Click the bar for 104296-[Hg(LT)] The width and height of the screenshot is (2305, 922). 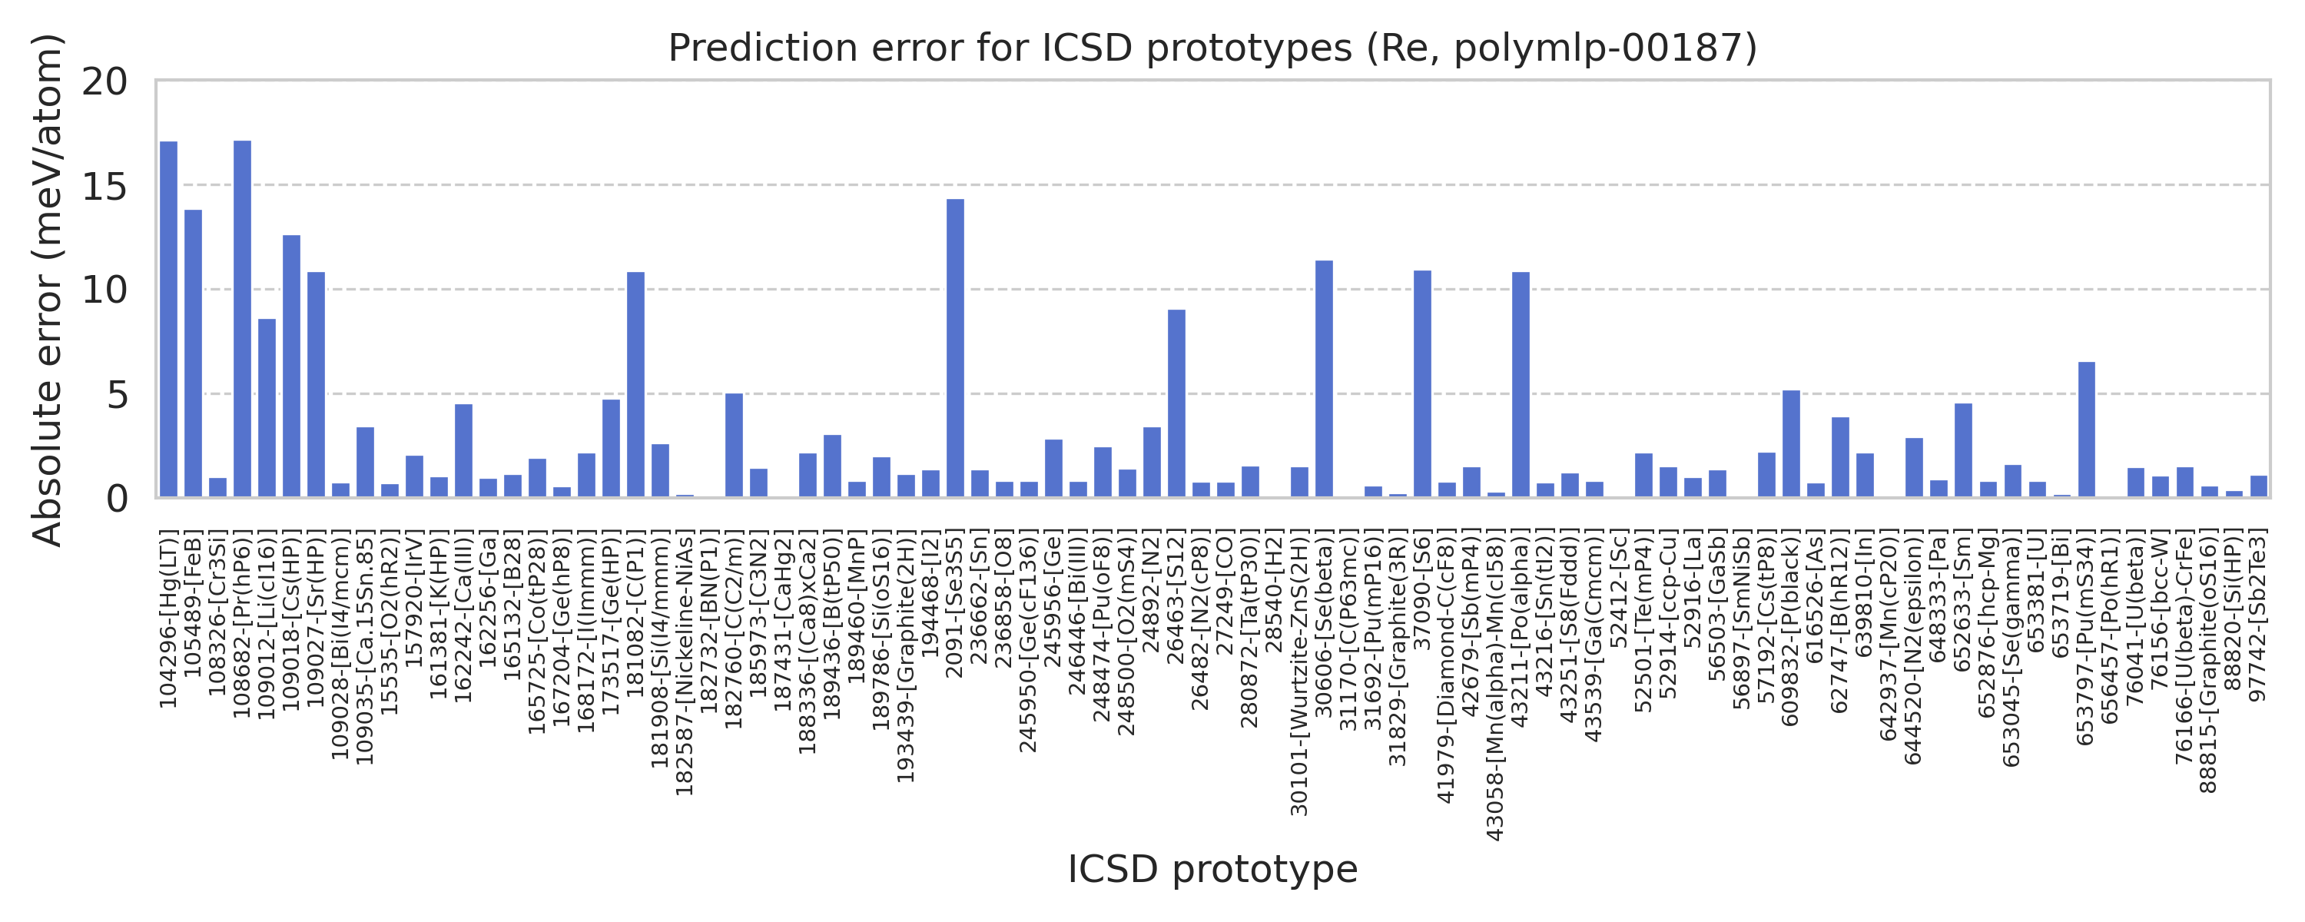[168, 320]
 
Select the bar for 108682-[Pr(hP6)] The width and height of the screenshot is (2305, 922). [243, 319]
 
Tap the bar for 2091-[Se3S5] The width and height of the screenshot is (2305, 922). [956, 348]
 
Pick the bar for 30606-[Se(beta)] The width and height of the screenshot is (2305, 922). [1325, 379]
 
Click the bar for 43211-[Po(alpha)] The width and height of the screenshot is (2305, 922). [1521, 385]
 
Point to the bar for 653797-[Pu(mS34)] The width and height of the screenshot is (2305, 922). [2087, 429]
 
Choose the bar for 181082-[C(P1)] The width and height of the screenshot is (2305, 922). [636, 385]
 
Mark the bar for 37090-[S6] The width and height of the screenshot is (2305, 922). [1423, 384]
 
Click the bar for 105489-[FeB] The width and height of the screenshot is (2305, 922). [194, 353]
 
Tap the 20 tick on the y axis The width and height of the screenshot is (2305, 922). [104, 82]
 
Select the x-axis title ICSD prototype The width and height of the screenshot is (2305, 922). [1212, 869]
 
